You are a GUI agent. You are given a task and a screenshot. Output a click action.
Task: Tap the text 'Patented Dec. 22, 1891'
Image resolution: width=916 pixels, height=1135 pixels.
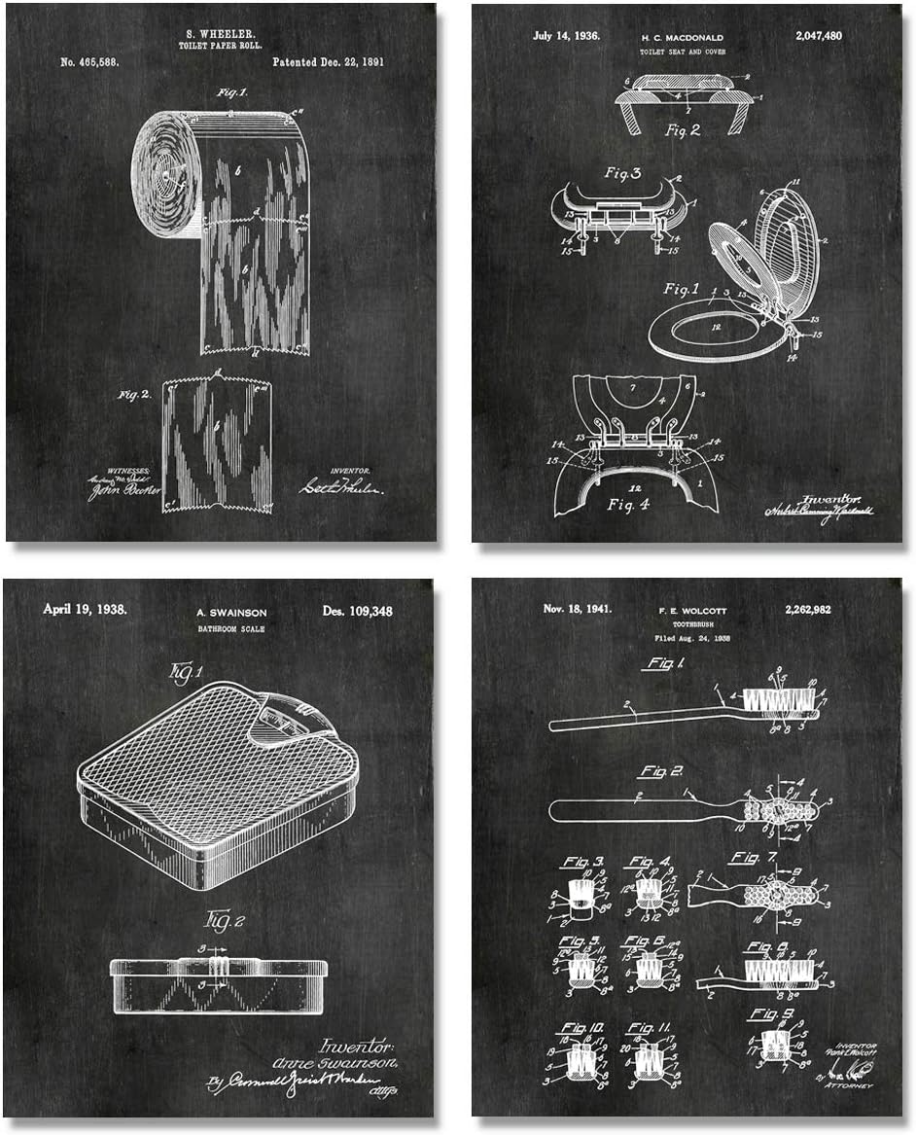pyautogui.click(x=328, y=61)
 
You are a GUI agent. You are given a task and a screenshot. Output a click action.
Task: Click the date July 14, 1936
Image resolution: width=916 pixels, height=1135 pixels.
pyautogui.click(x=567, y=36)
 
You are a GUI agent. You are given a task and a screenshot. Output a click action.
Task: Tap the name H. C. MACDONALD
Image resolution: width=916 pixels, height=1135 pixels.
pyautogui.click(x=682, y=36)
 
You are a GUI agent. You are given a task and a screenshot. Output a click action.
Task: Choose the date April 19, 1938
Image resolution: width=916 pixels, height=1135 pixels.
pyautogui.click(x=85, y=611)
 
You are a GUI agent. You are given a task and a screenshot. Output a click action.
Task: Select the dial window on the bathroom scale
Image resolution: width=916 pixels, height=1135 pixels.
pyautogui.click(x=275, y=723)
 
